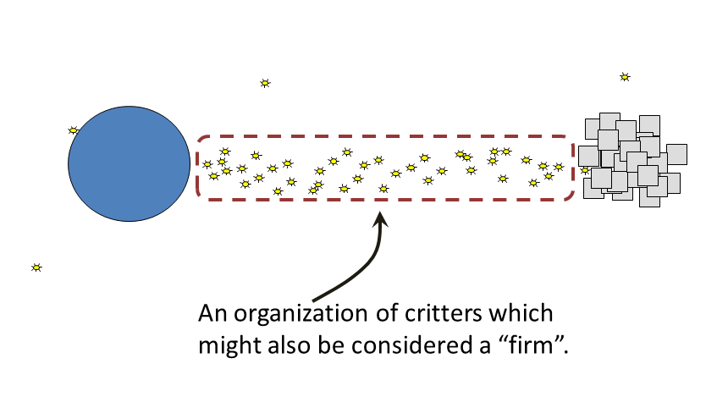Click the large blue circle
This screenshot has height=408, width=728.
(x=129, y=163)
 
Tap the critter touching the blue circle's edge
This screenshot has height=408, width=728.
(x=74, y=130)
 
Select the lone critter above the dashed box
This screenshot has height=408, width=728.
(x=265, y=83)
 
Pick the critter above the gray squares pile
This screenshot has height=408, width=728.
(x=625, y=77)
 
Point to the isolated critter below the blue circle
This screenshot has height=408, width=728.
(x=36, y=267)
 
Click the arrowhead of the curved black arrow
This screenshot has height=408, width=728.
(x=380, y=219)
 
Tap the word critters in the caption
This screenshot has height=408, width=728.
(x=444, y=313)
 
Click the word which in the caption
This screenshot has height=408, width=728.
(x=521, y=313)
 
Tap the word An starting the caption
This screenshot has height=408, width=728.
(x=212, y=313)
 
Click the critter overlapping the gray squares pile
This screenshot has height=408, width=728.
(x=586, y=170)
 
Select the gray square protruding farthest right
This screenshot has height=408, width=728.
(x=677, y=154)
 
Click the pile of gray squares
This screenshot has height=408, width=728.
(x=632, y=160)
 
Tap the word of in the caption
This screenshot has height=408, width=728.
(x=387, y=313)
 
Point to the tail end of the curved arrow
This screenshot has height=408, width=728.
(x=313, y=300)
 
